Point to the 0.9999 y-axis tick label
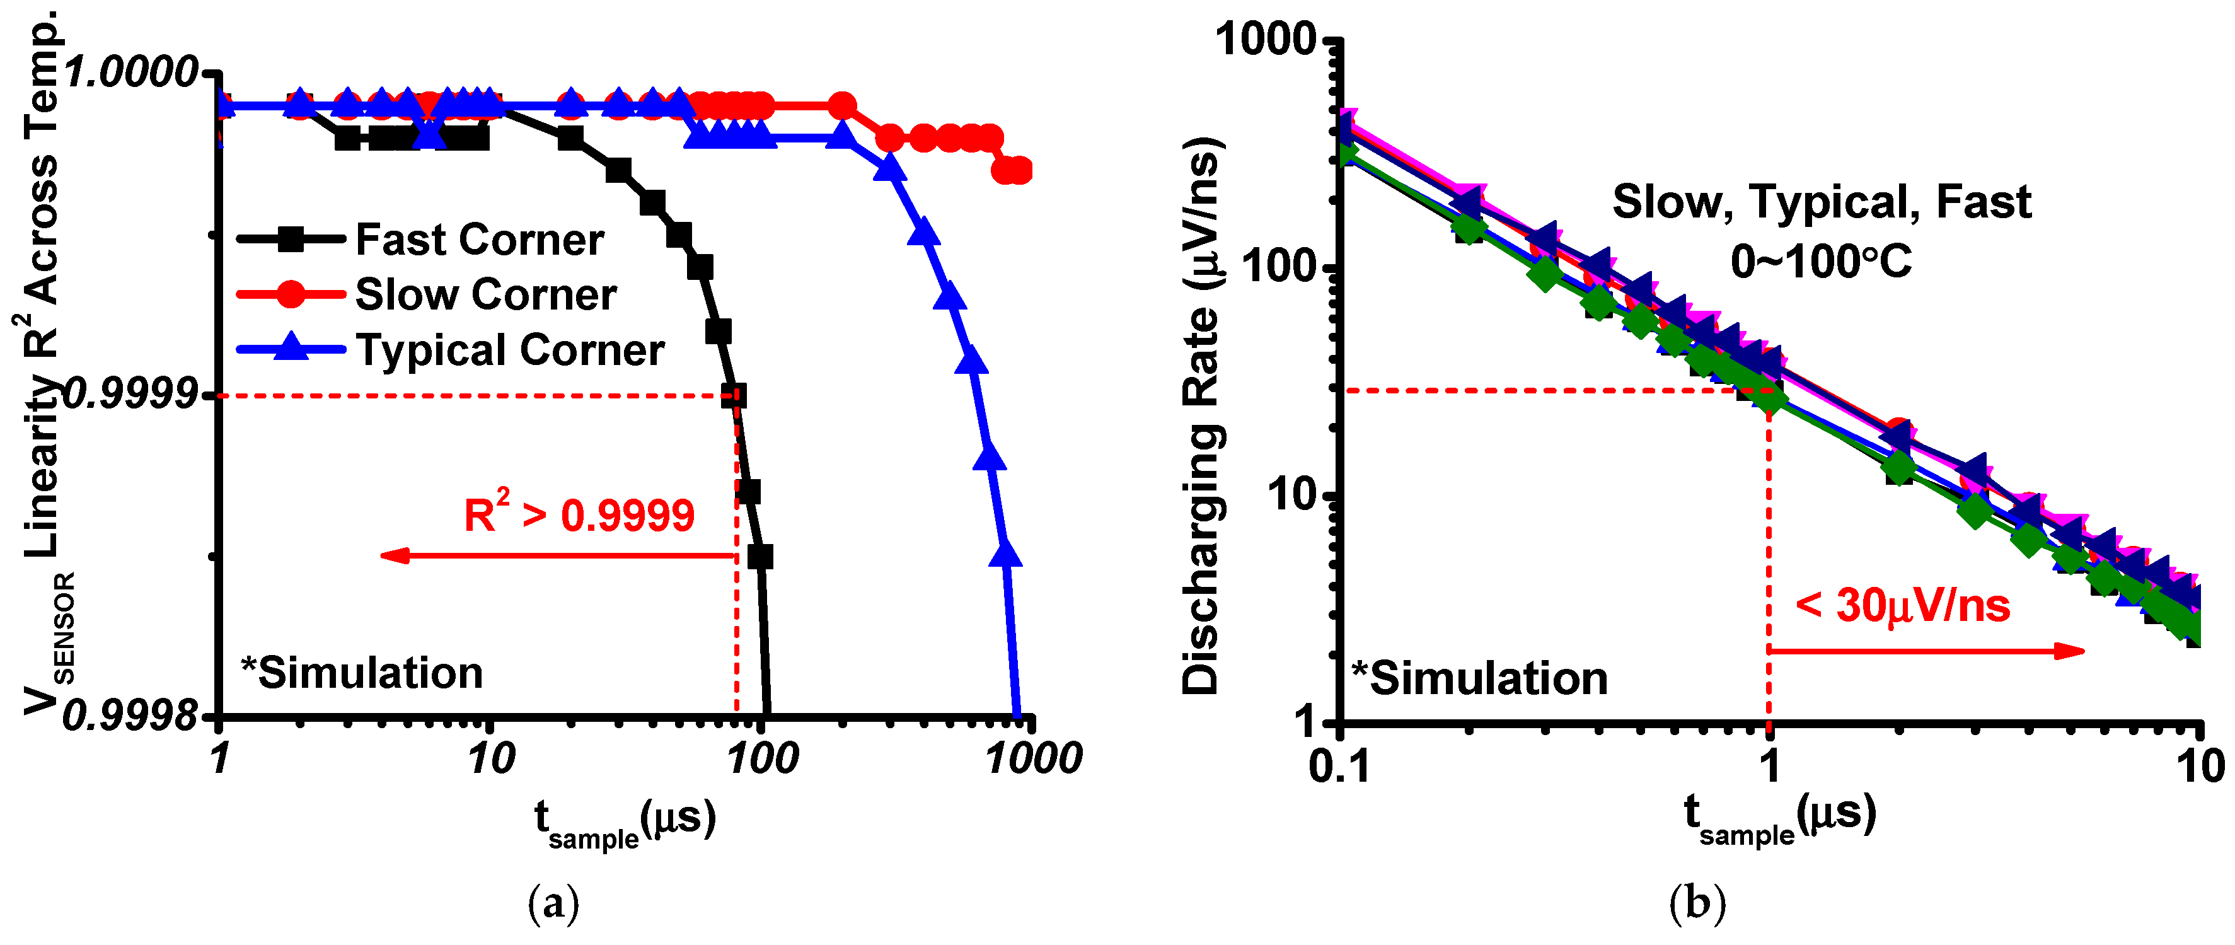(x=130, y=396)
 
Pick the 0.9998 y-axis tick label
(x=130, y=716)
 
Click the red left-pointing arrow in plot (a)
(x=555, y=555)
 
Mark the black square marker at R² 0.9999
(x=734, y=397)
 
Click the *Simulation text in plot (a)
(x=362, y=673)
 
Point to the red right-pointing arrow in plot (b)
(x=1926, y=651)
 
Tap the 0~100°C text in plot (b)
(x=1820, y=261)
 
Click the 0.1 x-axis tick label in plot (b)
(x=1339, y=766)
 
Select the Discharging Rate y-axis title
(x=1203, y=417)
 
